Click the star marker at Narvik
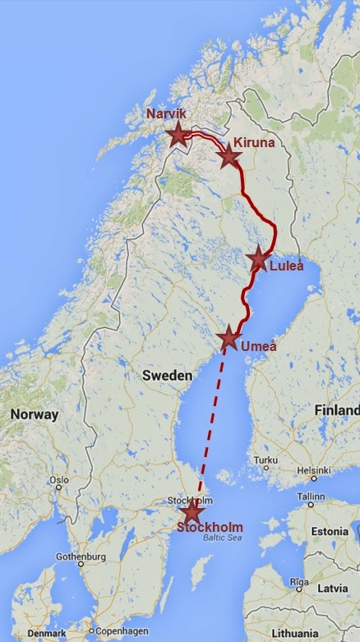(x=178, y=135)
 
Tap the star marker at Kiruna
(x=229, y=155)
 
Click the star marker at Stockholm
(x=192, y=513)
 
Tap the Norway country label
(x=35, y=414)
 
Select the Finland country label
(x=337, y=409)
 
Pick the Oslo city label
(x=58, y=480)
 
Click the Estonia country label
(x=330, y=531)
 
